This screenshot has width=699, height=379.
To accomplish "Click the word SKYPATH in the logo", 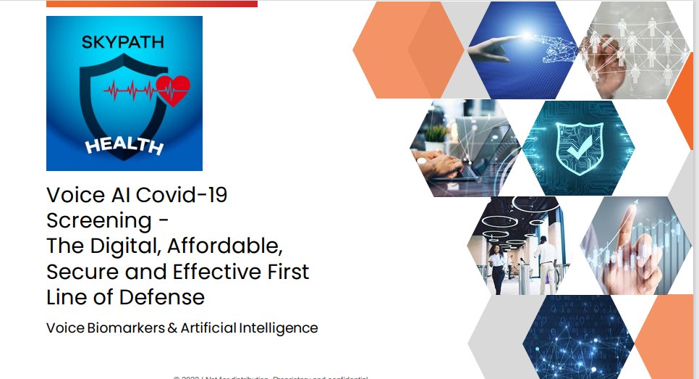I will pos(123,42).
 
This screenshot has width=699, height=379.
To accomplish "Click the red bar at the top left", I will pos(151,4).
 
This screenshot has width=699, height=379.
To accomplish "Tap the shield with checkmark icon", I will pos(577,148).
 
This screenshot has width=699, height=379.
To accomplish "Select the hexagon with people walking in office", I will pos(521,246).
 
